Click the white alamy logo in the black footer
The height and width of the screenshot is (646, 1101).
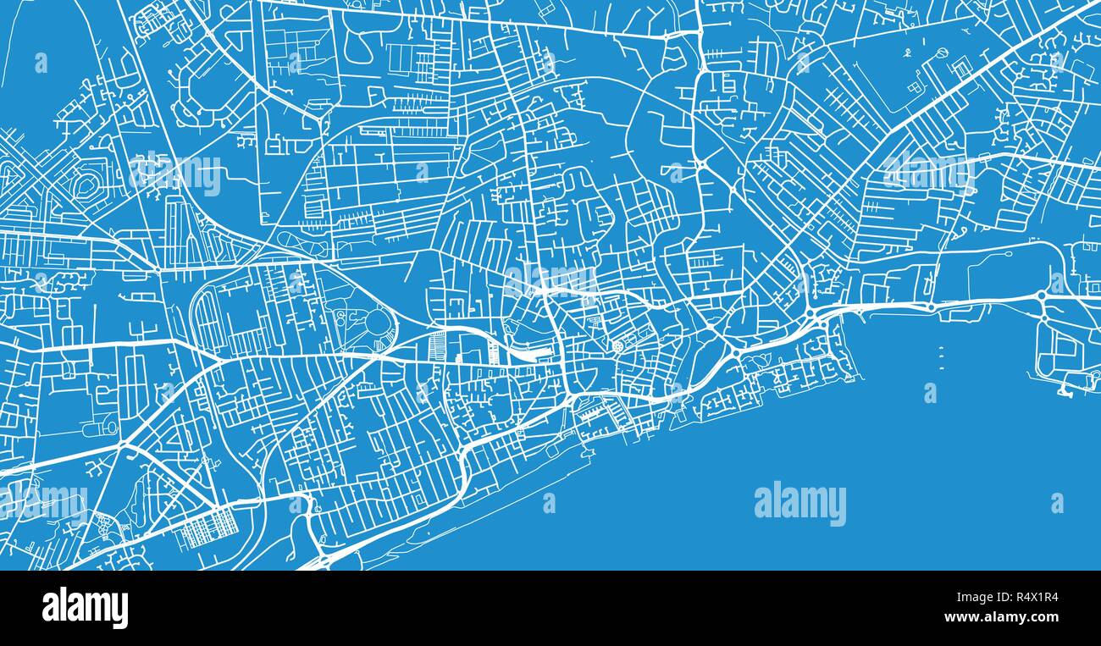click(x=85, y=608)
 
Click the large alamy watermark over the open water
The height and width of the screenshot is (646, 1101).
click(x=799, y=503)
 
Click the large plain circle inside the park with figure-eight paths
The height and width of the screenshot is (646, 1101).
click(x=378, y=323)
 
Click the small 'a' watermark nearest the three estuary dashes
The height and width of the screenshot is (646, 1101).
click(x=930, y=392)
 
